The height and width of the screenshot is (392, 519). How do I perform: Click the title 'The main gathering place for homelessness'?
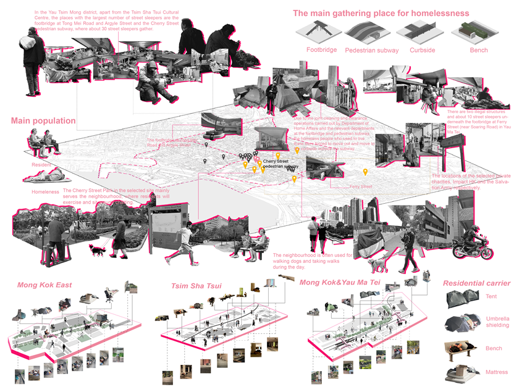click(x=381, y=13)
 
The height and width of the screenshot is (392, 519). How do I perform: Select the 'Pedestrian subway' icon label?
click(x=371, y=50)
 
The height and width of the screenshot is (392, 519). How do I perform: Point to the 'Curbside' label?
click(x=421, y=50)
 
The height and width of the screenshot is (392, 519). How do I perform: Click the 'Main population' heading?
click(x=43, y=121)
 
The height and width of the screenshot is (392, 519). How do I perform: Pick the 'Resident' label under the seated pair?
click(x=41, y=165)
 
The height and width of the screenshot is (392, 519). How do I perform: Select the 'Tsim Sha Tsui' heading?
click(x=197, y=286)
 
